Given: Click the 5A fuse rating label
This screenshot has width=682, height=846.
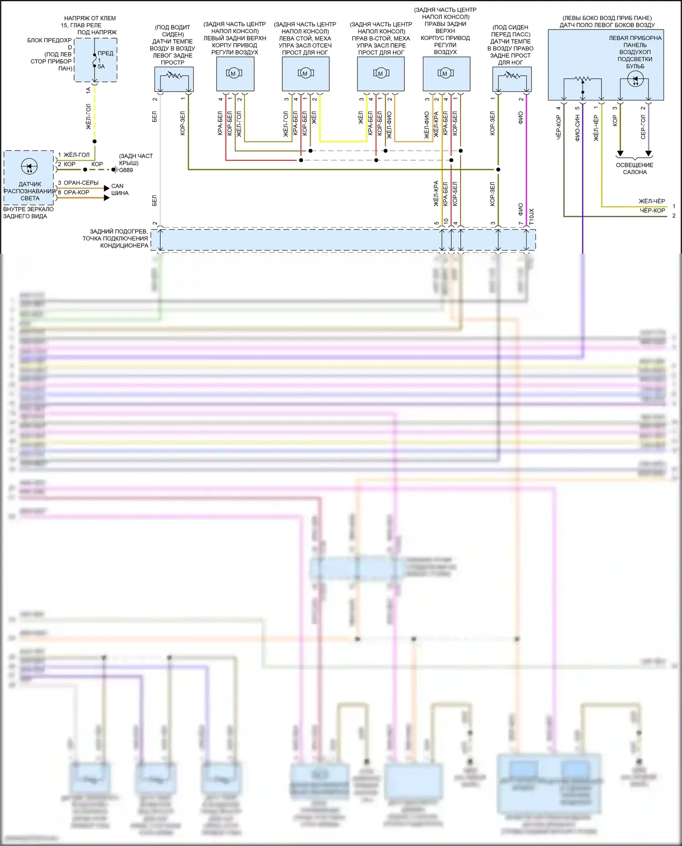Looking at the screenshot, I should pos(101,66).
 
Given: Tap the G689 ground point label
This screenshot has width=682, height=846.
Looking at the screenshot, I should pos(126,170).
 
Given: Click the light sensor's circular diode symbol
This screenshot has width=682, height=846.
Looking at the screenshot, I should pos(30,167).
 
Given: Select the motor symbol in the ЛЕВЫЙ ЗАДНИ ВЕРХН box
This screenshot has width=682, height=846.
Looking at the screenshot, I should pos(234,74).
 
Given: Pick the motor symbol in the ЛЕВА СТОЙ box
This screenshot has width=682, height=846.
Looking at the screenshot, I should pos(305,74).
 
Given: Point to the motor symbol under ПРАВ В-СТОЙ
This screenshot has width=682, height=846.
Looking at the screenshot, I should pos(380,74).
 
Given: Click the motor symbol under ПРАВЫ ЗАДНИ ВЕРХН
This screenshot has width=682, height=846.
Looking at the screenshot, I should pos(445,74).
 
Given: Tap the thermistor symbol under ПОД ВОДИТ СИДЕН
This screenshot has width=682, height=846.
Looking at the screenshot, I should pos(173,75).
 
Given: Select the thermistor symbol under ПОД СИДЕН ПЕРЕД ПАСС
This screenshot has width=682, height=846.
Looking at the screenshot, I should pos(511,75).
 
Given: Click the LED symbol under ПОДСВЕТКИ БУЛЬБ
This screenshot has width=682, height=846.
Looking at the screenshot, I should pos(635,80).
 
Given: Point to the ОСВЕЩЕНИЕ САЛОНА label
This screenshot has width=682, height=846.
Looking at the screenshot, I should pos(634,169).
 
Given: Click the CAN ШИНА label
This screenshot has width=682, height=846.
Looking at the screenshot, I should pos(120,190).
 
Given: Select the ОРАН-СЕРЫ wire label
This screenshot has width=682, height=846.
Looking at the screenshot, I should pos(81,183).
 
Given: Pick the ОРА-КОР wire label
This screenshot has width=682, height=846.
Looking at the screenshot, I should pos(76,192).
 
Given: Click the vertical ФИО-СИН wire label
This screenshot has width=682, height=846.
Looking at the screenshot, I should pos(577,128).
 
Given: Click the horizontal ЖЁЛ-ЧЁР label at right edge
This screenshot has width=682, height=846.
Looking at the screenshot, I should pos(652,201).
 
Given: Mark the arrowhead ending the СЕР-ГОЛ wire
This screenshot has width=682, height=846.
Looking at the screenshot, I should pos(648,154).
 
